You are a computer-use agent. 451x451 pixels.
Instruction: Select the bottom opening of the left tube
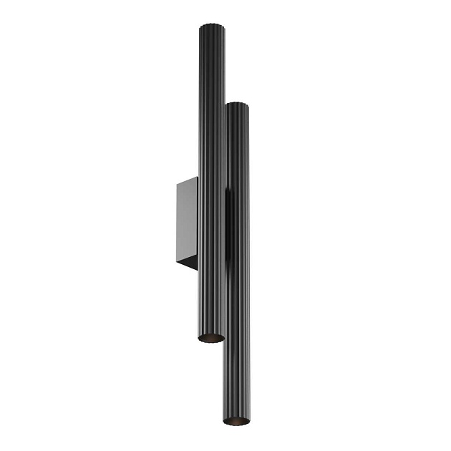(x=211, y=337)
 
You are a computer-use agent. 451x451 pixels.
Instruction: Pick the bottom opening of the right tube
(x=236, y=421)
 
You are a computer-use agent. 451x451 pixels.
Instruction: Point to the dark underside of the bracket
(x=188, y=263)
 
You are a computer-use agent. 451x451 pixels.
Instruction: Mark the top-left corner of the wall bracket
(x=177, y=185)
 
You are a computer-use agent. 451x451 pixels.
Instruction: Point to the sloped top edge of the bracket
(x=187, y=181)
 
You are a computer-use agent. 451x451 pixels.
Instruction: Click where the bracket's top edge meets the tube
(x=198, y=177)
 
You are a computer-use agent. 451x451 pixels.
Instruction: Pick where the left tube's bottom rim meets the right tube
(x=224, y=336)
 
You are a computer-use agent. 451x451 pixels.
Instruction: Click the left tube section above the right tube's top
(x=211, y=68)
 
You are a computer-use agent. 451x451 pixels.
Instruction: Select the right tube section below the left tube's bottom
(x=236, y=379)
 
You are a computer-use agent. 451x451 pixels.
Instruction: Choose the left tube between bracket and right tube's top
(x=211, y=143)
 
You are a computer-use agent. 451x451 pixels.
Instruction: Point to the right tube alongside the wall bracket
(x=238, y=222)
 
